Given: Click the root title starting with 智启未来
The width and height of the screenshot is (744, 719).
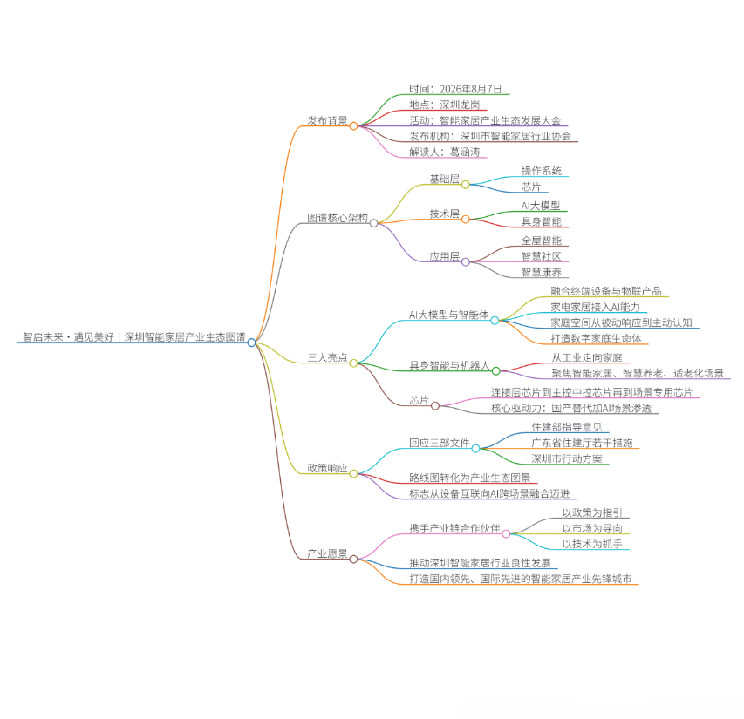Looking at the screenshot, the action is [x=134, y=337].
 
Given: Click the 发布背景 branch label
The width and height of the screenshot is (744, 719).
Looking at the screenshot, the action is [x=327, y=120].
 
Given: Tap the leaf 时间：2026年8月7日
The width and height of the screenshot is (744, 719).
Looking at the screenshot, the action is [x=455, y=89].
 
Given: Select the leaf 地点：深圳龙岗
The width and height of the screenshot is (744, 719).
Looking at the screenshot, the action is [x=445, y=105].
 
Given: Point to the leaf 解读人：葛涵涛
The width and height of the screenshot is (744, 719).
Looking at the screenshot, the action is [x=445, y=152].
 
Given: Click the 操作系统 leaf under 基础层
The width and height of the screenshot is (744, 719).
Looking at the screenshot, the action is [x=542, y=171].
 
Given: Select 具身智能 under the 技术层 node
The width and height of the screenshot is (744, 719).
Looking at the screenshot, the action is [x=542, y=221].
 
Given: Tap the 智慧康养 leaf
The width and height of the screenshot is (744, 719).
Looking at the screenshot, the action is [x=542, y=272].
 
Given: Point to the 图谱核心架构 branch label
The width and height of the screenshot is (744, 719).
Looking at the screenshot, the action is [x=338, y=218].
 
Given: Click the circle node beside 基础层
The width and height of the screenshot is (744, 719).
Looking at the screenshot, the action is [x=466, y=185].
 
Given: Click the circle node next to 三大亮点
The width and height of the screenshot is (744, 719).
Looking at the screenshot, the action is [x=353, y=363].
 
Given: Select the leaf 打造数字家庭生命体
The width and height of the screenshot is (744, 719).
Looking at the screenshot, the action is [x=596, y=338].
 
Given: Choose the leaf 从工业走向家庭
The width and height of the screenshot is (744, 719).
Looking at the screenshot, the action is [x=587, y=357].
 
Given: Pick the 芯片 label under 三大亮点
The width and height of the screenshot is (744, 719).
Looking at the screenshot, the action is [x=419, y=400].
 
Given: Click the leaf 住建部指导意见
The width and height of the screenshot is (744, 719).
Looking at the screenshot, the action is [x=567, y=427].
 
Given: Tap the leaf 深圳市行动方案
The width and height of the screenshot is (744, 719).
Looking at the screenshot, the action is [x=567, y=458].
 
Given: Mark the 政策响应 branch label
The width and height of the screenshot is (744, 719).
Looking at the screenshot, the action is [x=327, y=468].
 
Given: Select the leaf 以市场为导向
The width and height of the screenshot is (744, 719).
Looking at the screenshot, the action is [x=592, y=528].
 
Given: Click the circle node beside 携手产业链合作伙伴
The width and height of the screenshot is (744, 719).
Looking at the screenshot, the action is [x=506, y=534].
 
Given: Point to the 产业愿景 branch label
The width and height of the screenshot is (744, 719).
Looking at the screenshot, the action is [x=327, y=553].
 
